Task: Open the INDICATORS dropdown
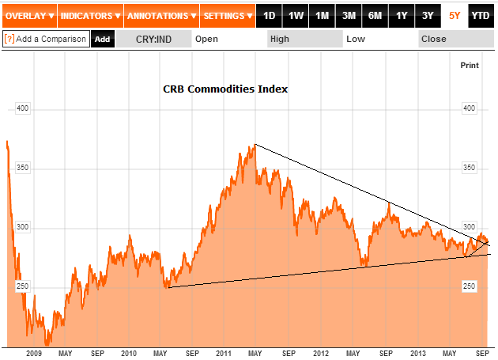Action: (x=89, y=16)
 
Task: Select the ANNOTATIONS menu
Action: (x=160, y=16)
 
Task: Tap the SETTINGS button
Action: (x=228, y=16)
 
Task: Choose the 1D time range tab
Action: (x=270, y=16)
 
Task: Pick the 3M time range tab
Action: (x=349, y=16)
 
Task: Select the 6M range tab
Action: (x=375, y=16)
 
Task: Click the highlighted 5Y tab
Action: (x=455, y=16)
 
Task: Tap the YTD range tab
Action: (x=479, y=16)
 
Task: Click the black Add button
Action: (x=102, y=39)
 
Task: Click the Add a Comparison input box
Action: (x=45, y=39)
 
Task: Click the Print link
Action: (x=470, y=66)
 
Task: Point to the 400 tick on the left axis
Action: (x=22, y=108)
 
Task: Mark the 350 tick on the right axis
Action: (x=470, y=168)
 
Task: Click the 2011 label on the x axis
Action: (x=223, y=352)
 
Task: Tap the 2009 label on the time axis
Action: (x=33, y=352)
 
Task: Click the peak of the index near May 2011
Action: (x=255, y=144)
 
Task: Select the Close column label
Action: (x=434, y=39)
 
